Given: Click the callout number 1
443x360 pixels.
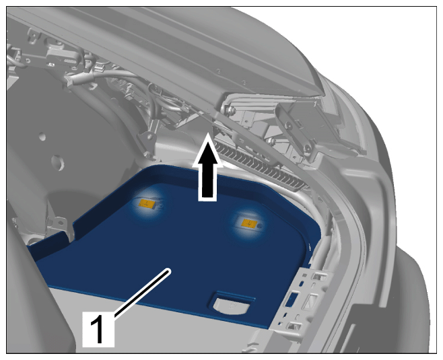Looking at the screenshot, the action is coord(98,329).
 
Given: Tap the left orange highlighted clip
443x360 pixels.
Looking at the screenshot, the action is coord(147,204).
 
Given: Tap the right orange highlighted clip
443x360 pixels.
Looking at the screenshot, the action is coord(249,223).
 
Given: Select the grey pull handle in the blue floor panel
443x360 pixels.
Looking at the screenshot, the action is coord(232,305).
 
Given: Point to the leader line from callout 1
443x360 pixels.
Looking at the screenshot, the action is coord(142,291).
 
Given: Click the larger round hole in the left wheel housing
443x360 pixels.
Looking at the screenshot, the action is coord(58,163).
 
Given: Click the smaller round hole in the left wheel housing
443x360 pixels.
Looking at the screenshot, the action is coord(42,137).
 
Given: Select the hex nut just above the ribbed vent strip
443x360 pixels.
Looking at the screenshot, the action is coord(271,141).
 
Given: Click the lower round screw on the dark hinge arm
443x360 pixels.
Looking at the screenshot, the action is coord(308,149).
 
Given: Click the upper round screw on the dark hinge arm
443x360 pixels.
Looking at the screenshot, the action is coord(288,125).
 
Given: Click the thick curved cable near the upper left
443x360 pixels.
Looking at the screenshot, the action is coord(113,74).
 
